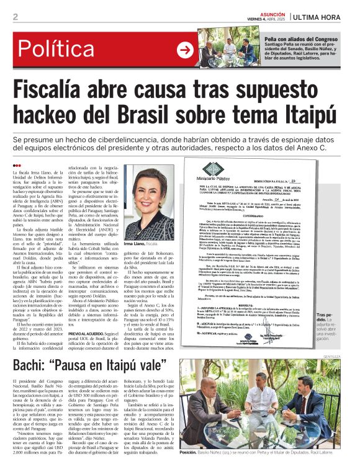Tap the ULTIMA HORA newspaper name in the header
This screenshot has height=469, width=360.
point(323,17)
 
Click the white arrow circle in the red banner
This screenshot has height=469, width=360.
point(185,50)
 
